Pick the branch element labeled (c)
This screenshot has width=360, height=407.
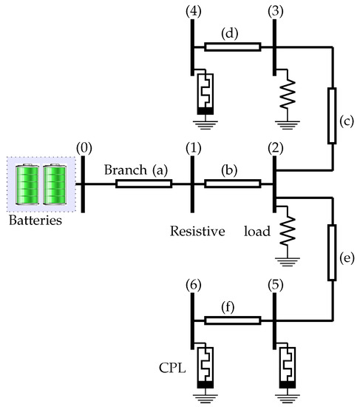330,115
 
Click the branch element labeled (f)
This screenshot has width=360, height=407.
232,320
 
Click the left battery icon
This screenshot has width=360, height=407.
27,186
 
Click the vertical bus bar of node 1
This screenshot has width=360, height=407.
192,181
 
